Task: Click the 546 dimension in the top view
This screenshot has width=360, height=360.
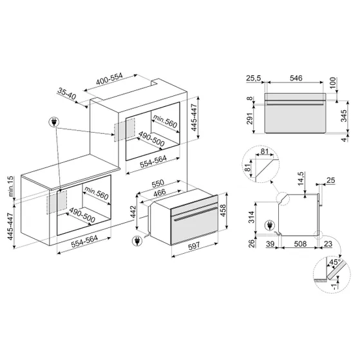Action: click(297, 78)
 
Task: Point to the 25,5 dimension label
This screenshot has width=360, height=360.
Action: click(253, 78)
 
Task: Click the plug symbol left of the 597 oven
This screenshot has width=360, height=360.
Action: click(136, 242)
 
